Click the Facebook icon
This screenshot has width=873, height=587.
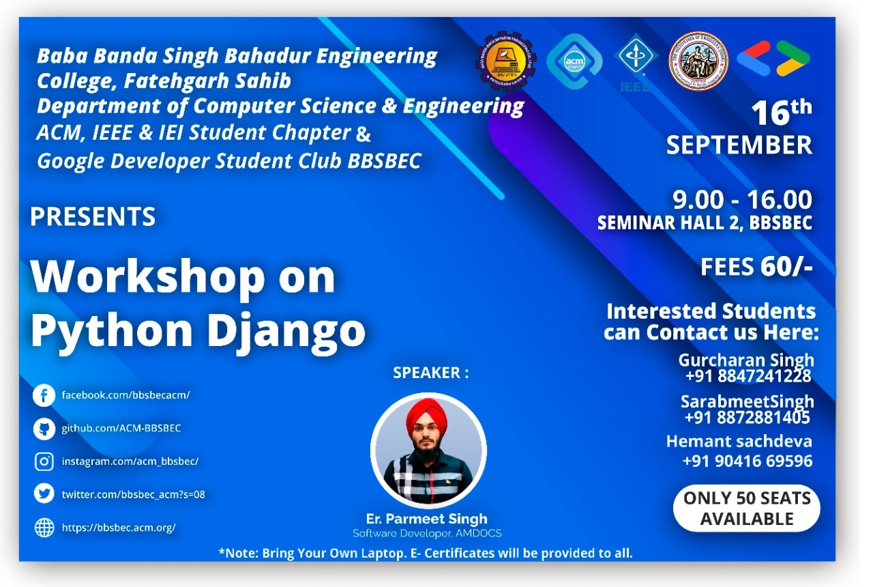click(x=44, y=395)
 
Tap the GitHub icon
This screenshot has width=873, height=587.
click(x=44, y=429)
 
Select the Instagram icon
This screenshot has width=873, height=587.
click(x=44, y=462)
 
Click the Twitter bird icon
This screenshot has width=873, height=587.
click(x=44, y=493)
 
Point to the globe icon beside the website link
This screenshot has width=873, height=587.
click(x=44, y=528)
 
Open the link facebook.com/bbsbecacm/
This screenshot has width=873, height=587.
click(x=126, y=395)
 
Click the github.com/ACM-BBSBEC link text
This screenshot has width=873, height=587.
click(x=121, y=428)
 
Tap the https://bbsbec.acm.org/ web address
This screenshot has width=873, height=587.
click(x=119, y=528)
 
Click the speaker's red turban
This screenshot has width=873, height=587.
click(x=427, y=417)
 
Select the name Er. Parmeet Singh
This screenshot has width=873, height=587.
click(x=427, y=519)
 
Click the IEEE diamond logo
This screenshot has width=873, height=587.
click(x=636, y=57)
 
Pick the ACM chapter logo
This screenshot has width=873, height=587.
click(x=574, y=61)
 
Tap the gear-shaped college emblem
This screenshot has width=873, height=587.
click(x=506, y=61)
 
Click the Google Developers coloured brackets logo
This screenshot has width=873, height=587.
click(x=773, y=59)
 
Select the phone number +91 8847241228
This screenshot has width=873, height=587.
click(x=748, y=376)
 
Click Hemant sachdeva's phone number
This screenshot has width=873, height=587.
click(x=748, y=461)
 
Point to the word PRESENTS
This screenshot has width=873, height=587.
click(x=93, y=216)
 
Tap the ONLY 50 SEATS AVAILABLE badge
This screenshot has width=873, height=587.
click(x=747, y=509)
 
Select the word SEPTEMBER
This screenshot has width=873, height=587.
click(x=739, y=145)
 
